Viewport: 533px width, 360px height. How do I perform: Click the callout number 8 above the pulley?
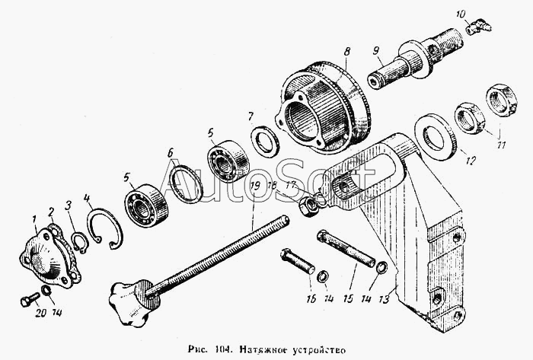[346, 51]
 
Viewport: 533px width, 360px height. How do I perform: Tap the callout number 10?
[459, 14]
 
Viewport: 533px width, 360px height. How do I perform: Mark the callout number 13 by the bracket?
[385, 298]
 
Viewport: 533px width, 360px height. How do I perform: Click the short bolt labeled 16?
[298, 263]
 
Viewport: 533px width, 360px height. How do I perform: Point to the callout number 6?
[171, 152]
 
